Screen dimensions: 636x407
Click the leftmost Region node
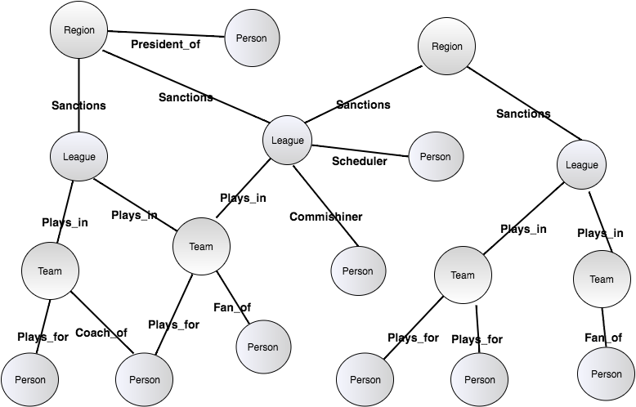79,30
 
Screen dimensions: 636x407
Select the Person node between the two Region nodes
252,38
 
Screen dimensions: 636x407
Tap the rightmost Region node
446,47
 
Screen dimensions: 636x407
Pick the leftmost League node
79,157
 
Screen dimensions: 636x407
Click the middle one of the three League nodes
287,141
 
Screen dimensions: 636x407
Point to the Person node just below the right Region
436,157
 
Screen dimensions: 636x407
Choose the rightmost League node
582,165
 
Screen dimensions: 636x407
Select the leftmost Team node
51,271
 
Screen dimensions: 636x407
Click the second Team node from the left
201,247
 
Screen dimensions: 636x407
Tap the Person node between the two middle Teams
358,271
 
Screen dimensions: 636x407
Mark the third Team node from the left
463,275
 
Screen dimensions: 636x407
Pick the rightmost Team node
602,280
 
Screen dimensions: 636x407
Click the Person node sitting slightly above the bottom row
263,347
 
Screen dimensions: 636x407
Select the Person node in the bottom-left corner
30,380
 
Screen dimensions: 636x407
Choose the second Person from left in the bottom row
145,380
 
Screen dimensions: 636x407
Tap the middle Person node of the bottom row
365,380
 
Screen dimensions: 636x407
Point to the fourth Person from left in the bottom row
480,380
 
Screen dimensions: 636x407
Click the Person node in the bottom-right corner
606,374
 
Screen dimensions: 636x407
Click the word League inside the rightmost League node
582,165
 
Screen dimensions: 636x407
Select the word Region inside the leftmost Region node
79,30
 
